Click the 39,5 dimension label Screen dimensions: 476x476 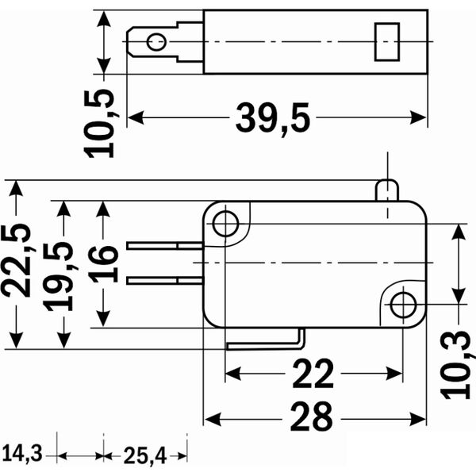(273, 119)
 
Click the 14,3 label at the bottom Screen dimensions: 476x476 (21, 455)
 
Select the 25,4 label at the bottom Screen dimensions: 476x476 (144, 455)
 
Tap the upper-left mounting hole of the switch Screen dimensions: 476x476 (226, 224)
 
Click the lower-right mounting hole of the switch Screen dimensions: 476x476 (404, 304)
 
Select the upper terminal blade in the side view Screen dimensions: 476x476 (165, 246)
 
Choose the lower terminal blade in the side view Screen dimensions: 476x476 (165, 279)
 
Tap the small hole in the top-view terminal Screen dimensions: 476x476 (157, 41)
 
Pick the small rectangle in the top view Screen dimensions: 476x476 (386, 41)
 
